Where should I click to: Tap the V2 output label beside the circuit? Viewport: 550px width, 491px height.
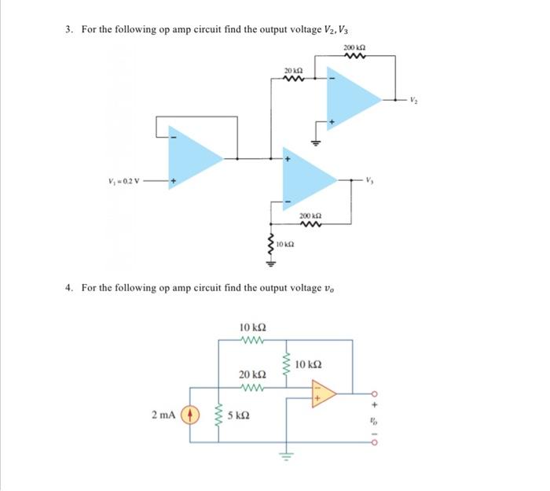(x=416, y=99)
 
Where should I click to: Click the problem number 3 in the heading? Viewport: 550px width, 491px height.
(x=68, y=29)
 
